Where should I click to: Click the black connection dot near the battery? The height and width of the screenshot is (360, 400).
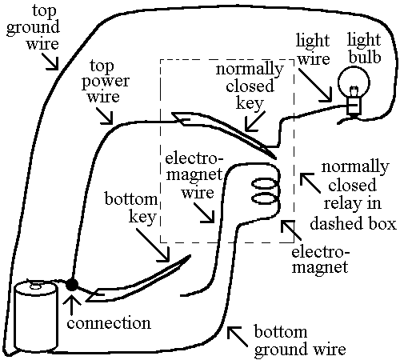[x=72, y=285]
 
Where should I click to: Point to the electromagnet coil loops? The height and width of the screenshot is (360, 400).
[x=265, y=191]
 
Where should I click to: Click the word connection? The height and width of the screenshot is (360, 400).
[x=109, y=323]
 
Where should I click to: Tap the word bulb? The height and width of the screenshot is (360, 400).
[x=365, y=57]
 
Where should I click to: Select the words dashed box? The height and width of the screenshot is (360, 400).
[x=353, y=224]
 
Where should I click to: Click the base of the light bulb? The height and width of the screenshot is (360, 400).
[x=354, y=106]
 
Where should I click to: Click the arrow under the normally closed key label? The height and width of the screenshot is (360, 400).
[x=254, y=122]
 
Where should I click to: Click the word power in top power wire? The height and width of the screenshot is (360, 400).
[x=106, y=82]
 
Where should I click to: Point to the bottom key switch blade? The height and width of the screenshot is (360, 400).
[x=138, y=278]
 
